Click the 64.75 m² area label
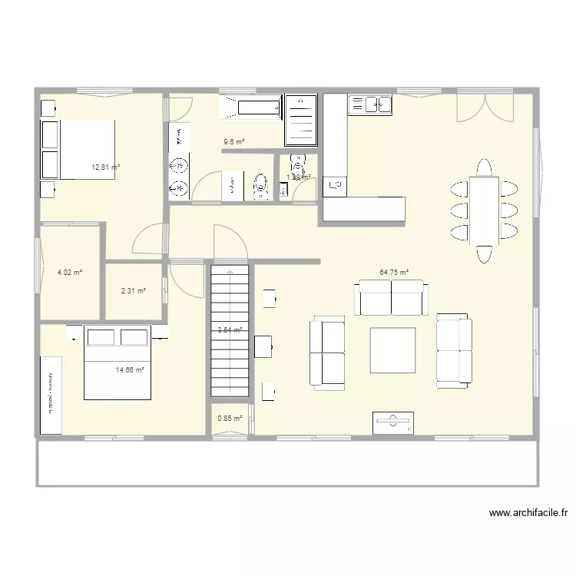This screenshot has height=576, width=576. [393, 272]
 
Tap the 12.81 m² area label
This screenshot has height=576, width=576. [106, 167]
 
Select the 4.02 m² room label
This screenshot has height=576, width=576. [70, 271]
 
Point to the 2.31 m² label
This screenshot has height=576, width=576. [133, 290]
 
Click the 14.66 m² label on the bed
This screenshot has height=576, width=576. [130, 369]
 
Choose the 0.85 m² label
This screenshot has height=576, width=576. [230, 419]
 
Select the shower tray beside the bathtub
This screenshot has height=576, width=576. [301, 120]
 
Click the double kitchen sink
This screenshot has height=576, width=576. [370, 104]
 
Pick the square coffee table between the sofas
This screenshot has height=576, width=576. [393, 350]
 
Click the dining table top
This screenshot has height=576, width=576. [484, 210]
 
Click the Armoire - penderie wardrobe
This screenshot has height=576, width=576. [51, 395]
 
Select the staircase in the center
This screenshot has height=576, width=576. [230, 330]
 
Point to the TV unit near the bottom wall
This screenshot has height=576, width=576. [393, 422]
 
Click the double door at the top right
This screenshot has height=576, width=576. [484, 106]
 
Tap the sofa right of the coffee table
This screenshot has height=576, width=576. [453, 350]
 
